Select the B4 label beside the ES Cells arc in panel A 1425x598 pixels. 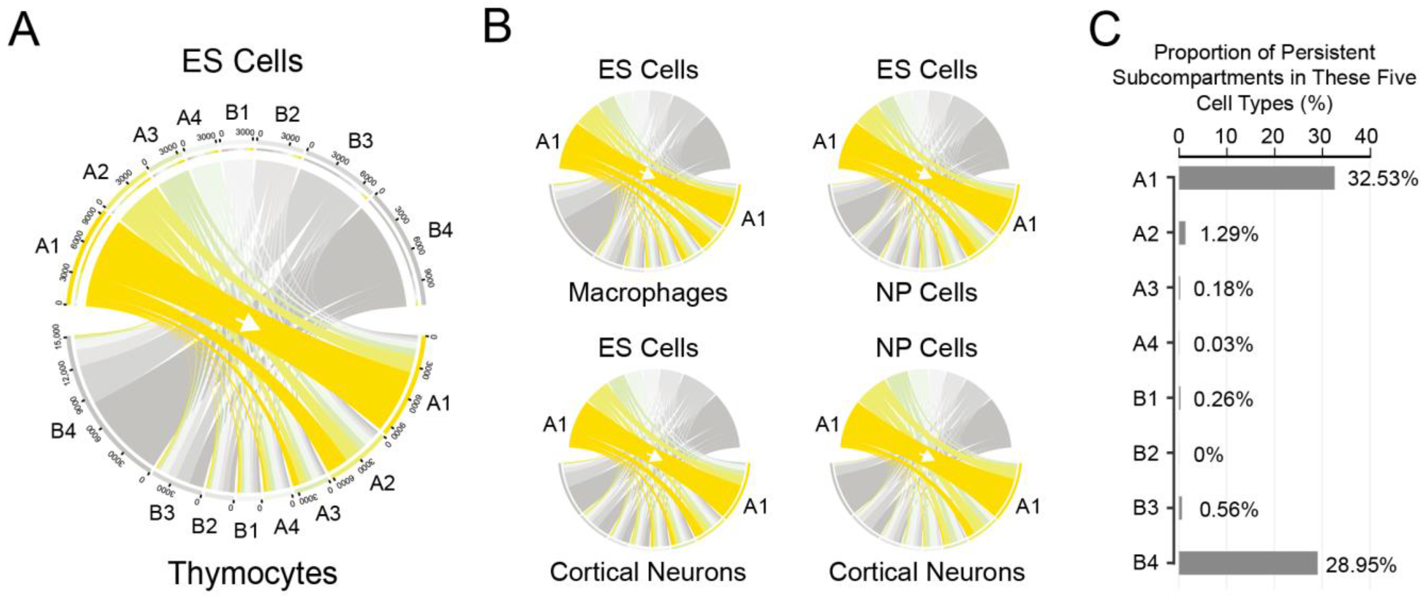tap(440, 229)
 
